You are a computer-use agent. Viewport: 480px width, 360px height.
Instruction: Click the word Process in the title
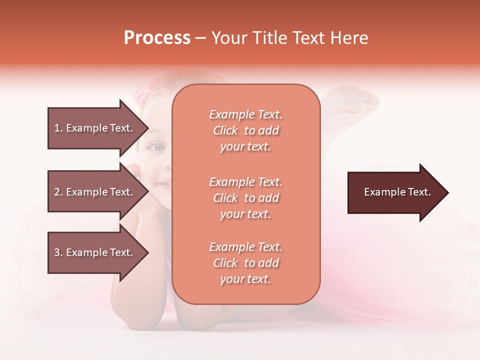coord(157,38)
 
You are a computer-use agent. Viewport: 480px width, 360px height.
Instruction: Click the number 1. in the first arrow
coord(58,128)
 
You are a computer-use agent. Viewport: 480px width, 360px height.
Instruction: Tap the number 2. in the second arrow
coord(58,192)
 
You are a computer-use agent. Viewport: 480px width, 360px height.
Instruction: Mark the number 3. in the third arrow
coord(58,252)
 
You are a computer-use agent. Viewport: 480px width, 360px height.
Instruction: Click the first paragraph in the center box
coord(245,130)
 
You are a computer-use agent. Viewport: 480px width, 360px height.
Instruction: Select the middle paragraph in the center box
coord(245,197)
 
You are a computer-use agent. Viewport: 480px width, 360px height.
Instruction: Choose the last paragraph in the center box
coord(245,263)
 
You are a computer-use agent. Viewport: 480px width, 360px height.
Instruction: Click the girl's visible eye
coord(157,147)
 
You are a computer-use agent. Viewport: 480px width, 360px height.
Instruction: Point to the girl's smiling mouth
coord(163,184)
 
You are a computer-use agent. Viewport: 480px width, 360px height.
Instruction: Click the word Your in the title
coord(229,38)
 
